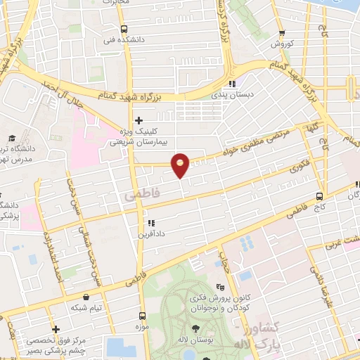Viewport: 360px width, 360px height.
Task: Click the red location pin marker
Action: pos(181,165)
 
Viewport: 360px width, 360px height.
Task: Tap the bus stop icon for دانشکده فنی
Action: pos(124,29)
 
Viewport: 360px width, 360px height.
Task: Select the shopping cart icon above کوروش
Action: pos(282,32)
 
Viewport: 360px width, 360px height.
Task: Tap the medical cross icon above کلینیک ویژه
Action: pos(139,120)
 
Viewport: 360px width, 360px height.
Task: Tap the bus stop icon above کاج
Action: pos(320,196)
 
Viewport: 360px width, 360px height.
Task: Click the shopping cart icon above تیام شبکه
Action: pos(86,297)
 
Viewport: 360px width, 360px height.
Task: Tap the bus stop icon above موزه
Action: pos(143,316)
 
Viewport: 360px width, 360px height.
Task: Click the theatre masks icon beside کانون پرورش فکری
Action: pos(219,287)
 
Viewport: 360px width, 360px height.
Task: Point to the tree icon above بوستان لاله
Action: pos(194,329)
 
